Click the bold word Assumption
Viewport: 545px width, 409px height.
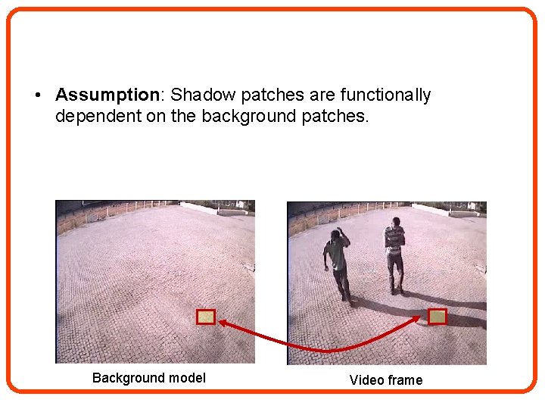click(106, 95)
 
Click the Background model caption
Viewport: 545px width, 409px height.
click(148, 378)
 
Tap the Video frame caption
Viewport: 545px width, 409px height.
click(385, 380)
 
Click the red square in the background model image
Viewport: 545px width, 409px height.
click(206, 317)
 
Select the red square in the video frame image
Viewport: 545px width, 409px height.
click(438, 317)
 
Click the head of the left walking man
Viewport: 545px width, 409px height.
click(337, 234)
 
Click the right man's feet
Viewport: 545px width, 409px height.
click(396, 291)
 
